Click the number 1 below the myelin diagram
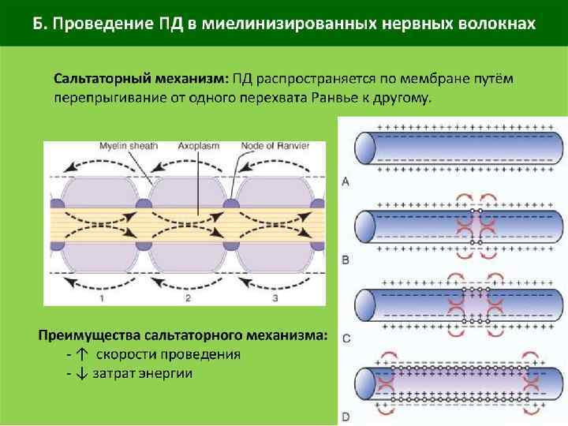click(102, 299)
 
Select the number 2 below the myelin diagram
click(188, 299)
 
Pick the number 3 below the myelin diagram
click(274, 299)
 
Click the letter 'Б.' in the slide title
click(41, 22)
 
